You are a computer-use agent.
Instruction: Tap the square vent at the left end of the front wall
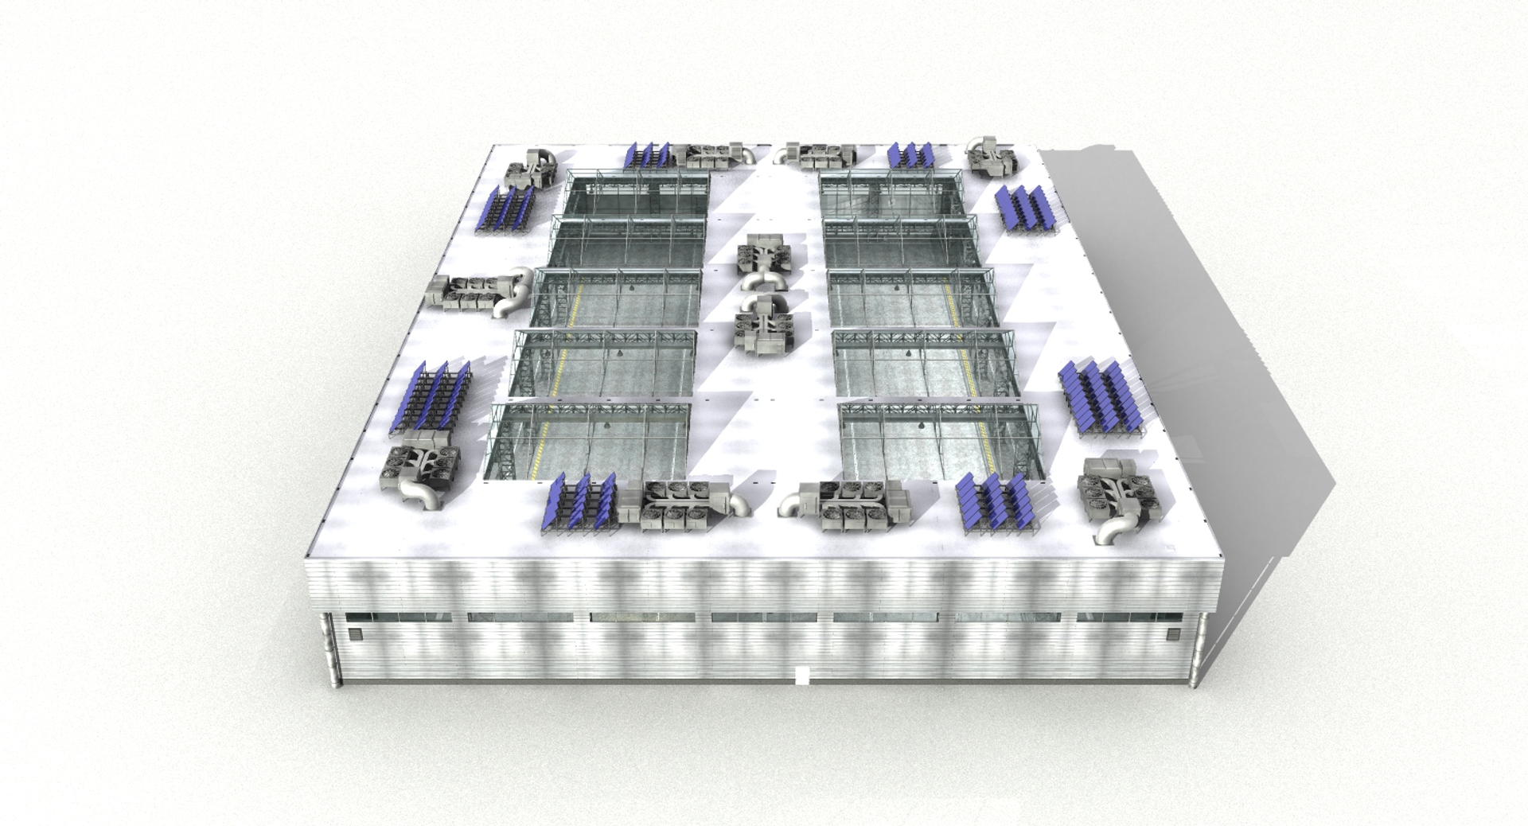[356, 634]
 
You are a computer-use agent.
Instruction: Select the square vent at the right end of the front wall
[1171, 634]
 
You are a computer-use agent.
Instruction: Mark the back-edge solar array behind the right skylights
[910, 155]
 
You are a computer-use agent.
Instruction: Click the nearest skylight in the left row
[589, 442]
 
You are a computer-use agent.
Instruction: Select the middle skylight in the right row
[911, 298]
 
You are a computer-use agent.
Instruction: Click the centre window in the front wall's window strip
[764, 618]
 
